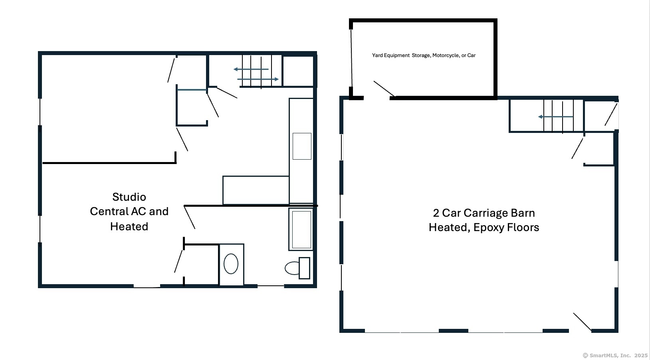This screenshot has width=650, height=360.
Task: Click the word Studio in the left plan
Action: click(x=129, y=197)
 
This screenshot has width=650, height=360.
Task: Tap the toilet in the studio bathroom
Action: click(x=297, y=268)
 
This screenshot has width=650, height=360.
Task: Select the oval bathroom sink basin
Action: click(x=231, y=264)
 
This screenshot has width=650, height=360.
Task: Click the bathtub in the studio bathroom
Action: click(x=301, y=229)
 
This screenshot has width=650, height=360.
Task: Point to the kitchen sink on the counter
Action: click(x=302, y=146)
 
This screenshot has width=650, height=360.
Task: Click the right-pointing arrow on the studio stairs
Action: click(x=258, y=79)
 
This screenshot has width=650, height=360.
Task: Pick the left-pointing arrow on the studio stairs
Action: click(x=251, y=69)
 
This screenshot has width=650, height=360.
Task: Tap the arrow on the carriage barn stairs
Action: click(x=555, y=117)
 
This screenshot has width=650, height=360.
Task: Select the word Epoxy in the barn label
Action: click(x=489, y=227)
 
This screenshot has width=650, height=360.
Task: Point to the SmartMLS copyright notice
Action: click(x=615, y=355)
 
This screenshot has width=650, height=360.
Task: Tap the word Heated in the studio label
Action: click(x=129, y=227)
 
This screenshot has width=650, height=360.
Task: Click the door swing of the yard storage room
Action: click(x=384, y=89)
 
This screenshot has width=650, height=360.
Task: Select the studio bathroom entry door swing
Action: click(x=189, y=217)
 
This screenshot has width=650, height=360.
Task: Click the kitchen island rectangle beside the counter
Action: click(x=256, y=190)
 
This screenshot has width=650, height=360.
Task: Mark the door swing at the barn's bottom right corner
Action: click(x=583, y=322)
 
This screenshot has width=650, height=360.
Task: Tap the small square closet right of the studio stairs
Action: click(x=298, y=71)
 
